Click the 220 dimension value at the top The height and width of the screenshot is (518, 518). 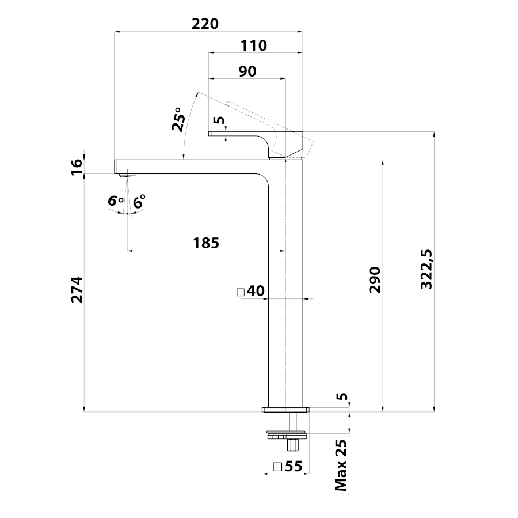[205, 24]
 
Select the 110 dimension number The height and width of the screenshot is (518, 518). [253, 46]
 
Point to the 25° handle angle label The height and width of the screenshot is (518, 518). [178, 120]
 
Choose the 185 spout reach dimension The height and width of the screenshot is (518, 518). [207, 243]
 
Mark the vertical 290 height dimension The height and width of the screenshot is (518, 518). [375, 279]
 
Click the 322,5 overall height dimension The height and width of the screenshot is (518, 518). [426, 269]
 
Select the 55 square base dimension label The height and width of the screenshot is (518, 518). [294, 467]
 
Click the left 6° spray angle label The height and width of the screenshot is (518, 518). [116, 202]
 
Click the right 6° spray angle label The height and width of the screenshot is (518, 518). [139, 202]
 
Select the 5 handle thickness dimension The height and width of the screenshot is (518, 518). [218, 120]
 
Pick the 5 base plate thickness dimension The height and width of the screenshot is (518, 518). [342, 397]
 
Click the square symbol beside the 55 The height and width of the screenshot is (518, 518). [277, 467]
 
